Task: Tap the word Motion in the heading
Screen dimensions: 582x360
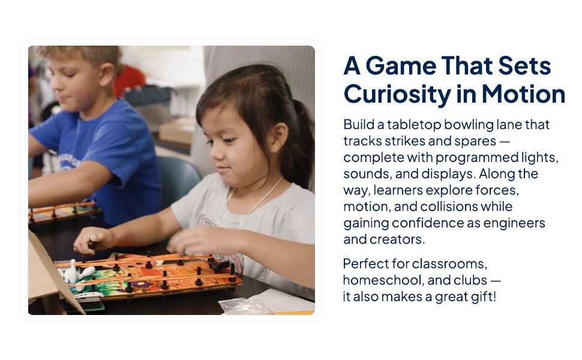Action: (x=523, y=94)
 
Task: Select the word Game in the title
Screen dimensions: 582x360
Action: (x=400, y=65)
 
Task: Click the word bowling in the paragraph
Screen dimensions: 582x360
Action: (x=468, y=125)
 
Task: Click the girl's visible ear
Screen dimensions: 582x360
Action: (x=279, y=138)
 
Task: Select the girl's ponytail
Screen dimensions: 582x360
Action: (x=304, y=141)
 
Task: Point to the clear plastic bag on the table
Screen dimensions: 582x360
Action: (x=245, y=307)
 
